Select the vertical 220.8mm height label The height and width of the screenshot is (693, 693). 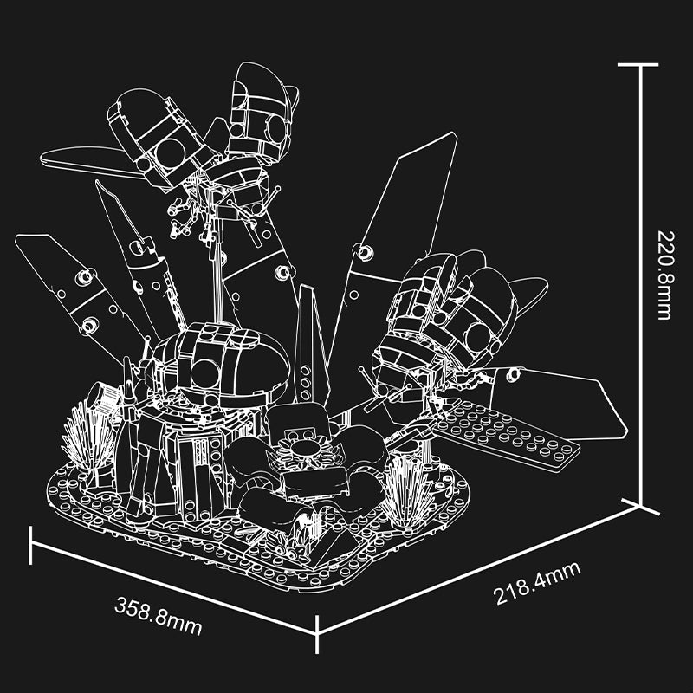coord(664,274)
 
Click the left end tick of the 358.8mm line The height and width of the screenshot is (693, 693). coord(32,545)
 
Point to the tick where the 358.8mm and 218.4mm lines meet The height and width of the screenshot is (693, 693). coord(318,635)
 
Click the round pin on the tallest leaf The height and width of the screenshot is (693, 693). coord(366,251)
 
